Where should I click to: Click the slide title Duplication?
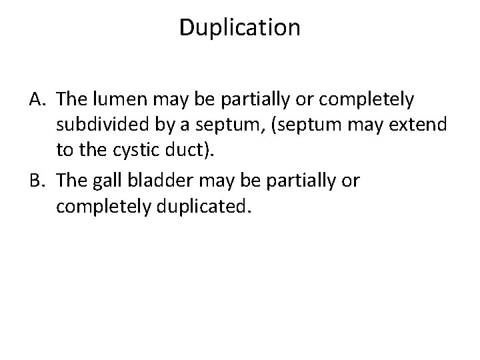[x=240, y=27]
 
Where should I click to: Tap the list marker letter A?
[x=37, y=99]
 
